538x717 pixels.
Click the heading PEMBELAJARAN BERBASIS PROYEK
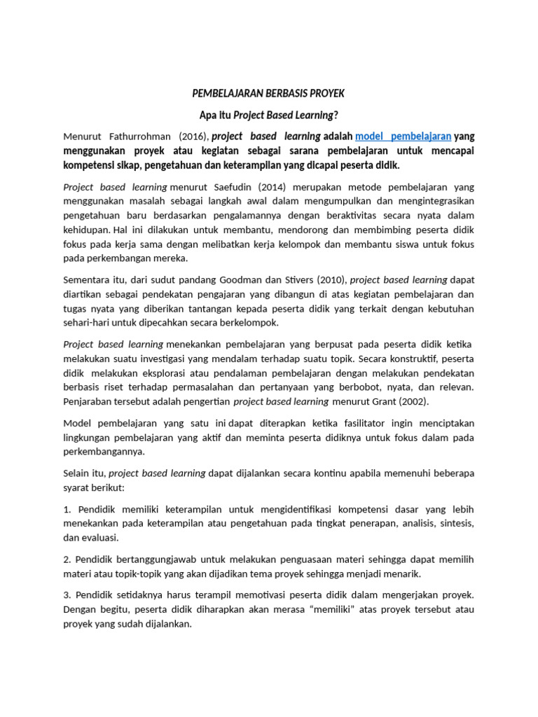[268, 93]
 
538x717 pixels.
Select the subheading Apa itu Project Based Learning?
[269, 115]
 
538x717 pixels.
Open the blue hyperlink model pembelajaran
[403, 136]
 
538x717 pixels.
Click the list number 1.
[67, 509]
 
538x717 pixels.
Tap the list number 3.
[67, 594]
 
